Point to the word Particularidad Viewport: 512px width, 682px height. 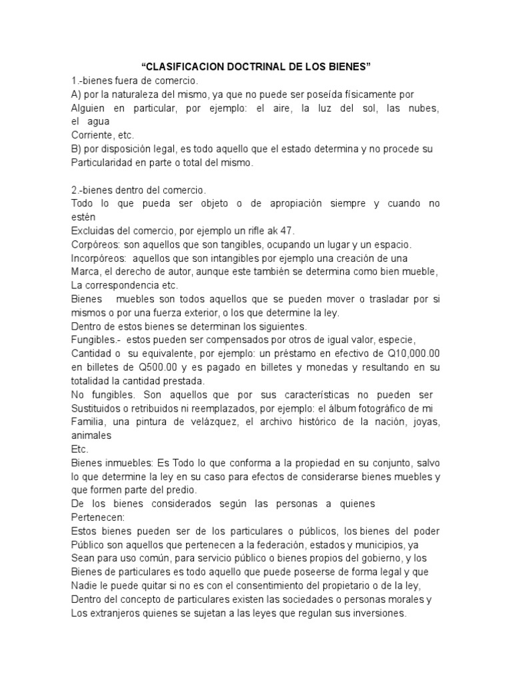[107, 163]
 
